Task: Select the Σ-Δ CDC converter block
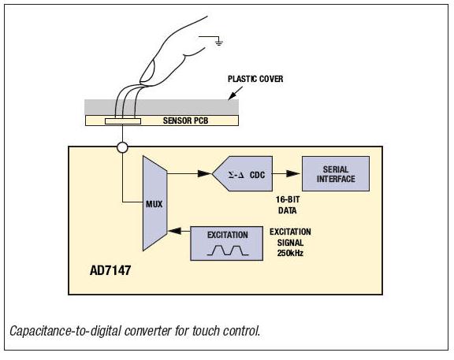pos(245,174)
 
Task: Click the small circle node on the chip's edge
pos(122,147)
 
